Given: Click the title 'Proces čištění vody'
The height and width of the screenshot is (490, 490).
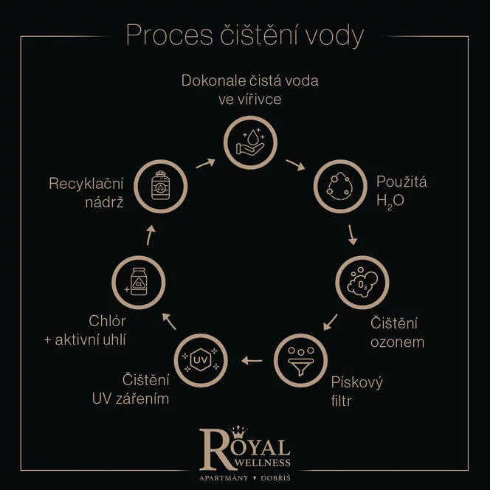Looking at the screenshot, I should click(x=245, y=35).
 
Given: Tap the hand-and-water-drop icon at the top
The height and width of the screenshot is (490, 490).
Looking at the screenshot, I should click(x=250, y=142).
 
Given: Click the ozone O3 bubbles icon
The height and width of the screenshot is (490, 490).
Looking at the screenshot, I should click(x=362, y=283).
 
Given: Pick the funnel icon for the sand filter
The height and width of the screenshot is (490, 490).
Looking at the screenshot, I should click(x=300, y=359).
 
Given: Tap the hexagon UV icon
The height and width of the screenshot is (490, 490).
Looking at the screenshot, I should click(x=201, y=360).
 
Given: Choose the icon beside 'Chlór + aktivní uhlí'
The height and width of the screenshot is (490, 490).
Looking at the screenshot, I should click(x=138, y=281).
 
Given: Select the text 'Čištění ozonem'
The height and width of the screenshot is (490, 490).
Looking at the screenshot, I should click(x=394, y=332).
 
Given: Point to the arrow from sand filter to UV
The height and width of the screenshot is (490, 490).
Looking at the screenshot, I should click(x=252, y=361).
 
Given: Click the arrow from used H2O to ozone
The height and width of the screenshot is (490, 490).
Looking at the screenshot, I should click(x=353, y=235).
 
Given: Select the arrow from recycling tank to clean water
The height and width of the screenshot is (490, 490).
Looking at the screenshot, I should click(x=205, y=162).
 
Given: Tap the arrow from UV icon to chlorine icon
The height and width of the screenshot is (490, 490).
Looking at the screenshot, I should click(x=169, y=321).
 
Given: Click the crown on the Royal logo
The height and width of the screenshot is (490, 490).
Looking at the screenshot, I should click(x=240, y=431).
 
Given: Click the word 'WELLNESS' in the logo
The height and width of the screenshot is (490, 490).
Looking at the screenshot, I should click(x=262, y=463).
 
